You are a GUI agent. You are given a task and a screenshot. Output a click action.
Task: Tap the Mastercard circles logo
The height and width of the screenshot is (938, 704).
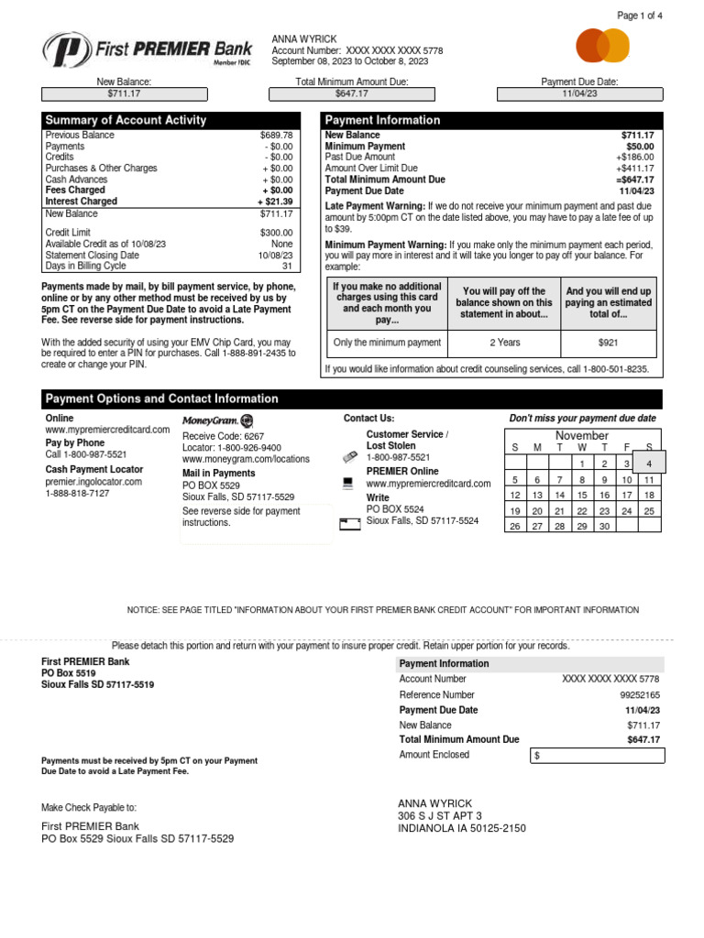[602, 45]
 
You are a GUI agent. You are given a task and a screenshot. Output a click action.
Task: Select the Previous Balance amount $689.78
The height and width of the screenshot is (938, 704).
[276, 136]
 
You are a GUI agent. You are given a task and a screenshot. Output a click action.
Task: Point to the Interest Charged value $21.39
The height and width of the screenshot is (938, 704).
[275, 202]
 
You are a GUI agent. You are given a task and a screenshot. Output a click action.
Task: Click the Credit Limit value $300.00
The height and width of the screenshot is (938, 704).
[276, 234]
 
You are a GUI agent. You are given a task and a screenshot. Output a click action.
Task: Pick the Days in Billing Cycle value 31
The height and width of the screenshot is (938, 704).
[287, 267]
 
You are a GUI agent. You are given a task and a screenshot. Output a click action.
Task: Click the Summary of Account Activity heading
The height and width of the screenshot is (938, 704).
[126, 120]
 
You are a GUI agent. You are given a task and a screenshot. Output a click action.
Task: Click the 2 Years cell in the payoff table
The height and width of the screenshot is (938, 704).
[504, 343]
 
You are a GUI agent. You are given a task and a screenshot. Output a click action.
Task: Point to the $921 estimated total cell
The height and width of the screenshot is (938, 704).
[609, 343]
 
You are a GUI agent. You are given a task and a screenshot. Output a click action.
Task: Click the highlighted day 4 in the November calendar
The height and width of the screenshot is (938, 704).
[648, 464]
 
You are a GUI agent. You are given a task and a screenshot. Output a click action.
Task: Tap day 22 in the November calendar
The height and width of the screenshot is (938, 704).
[582, 511]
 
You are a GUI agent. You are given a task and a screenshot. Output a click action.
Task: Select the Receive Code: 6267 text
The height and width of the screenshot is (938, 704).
[223, 437]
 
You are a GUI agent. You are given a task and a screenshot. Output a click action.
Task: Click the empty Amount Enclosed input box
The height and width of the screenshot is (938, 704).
[597, 756]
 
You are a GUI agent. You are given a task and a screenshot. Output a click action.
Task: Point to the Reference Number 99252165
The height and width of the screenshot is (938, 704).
[639, 695]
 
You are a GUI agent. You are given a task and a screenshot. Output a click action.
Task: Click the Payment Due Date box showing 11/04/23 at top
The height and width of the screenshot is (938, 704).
[579, 93]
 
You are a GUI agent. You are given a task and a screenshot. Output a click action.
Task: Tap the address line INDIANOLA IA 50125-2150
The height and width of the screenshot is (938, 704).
[461, 829]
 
